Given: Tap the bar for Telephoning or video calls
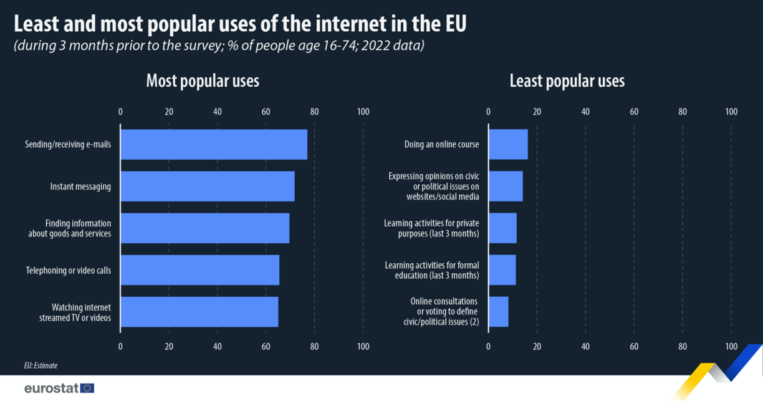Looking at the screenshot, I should tap(199, 270).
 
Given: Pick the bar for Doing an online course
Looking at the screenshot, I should tap(508, 145).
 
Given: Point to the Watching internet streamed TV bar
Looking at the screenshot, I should tap(199, 312).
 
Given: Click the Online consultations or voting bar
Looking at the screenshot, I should tap(498, 312).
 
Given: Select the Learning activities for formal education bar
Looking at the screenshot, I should tap(502, 270).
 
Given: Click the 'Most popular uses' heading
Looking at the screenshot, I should tap(203, 81).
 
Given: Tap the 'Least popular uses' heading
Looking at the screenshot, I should tap(567, 81).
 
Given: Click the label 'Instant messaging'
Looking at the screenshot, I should tap(80, 186).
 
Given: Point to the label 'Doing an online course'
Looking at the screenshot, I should tap(441, 145).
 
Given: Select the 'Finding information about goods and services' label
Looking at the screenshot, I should tap(69, 228).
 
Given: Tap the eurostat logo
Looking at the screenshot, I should tap(59, 388).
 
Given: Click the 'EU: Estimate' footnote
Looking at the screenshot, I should tap(41, 365).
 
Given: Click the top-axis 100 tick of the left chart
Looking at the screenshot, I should tap(363, 112).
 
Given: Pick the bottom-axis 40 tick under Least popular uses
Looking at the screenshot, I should tap(585, 346).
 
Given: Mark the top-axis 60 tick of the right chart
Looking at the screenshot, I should tap(634, 112).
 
